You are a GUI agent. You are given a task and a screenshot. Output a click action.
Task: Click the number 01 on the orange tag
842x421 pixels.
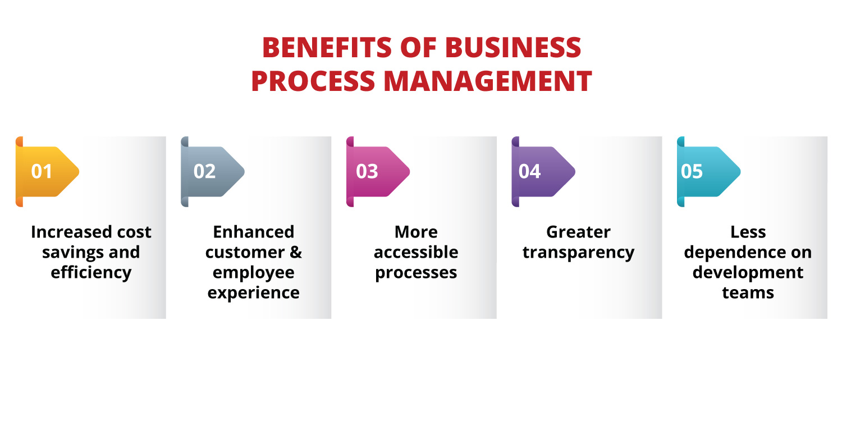tap(42, 171)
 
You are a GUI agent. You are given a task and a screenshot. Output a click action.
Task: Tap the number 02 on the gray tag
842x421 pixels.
tap(204, 171)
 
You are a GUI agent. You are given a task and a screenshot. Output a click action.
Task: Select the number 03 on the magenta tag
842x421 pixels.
tap(367, 171)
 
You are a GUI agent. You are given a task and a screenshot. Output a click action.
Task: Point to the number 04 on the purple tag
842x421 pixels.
tap(529, 171)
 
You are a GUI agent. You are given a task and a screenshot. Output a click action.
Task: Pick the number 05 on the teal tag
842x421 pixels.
tap(692, 171)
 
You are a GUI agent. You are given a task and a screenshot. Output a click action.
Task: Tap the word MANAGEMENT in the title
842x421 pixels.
tap(488, 81)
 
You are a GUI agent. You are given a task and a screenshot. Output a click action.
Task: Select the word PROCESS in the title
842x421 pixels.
tap(313, 81)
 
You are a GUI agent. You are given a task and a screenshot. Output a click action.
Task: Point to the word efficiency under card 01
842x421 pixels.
tap(91, 273)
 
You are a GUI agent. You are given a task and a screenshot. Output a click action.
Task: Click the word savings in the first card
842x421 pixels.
tap(67, 253)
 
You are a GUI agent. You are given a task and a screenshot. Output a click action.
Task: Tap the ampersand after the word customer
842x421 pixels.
tap(296, 253)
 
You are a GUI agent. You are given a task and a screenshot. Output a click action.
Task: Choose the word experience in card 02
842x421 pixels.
tap(254, 293)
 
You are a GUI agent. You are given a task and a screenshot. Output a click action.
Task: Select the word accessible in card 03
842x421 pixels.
tap(416, 253)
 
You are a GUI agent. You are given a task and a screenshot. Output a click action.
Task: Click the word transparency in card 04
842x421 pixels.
tap(578, 253)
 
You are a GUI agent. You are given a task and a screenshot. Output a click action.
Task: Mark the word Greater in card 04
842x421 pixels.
tap(578, 232)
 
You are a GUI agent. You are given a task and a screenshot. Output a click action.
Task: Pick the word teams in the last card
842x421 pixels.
tap(748, 293)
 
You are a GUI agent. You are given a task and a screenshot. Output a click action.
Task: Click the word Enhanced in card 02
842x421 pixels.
tap(254, 232)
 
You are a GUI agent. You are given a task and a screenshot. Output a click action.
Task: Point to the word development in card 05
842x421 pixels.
tap(748, 273)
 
